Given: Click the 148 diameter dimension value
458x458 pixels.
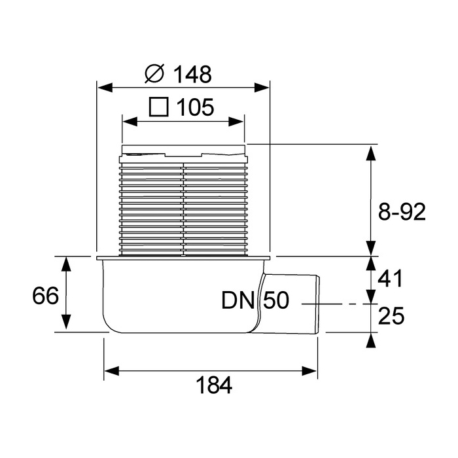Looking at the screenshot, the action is (x=192, y=74).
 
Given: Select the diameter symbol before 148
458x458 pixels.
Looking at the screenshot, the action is (x=154, y=73).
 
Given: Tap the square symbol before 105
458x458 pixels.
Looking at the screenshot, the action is (x=159, y=107).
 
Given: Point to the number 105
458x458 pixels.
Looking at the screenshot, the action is (x=196, y=107).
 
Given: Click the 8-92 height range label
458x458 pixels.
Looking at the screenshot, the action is (x=402, y=212).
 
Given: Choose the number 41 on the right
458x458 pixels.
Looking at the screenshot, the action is (x=390, y=278).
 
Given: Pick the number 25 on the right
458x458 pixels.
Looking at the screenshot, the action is (x=391, y=316).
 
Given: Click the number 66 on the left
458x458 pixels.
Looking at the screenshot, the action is (x=45, y=295).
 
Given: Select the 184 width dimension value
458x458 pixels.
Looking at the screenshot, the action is (x=214, y=385).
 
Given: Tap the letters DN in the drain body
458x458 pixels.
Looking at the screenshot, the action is (x=238, y=300).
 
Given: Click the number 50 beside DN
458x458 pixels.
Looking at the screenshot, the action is (x=276, y=300).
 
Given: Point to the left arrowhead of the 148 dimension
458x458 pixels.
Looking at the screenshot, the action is (x=105, y=87).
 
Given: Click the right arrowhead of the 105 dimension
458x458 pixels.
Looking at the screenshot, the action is (x=236, y=122).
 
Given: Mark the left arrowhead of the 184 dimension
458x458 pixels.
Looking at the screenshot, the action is (x=112, y=371).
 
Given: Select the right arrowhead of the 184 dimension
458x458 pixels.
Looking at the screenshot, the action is (x=309, y=371).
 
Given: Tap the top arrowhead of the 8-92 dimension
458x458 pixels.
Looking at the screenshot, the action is (x=371, y=152).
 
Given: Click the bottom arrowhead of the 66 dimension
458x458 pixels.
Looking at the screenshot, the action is (x=67, y=322).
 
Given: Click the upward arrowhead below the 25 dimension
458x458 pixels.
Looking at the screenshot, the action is (x=371, y=341).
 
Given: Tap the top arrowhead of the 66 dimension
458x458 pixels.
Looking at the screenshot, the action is (x=67, y=265).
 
